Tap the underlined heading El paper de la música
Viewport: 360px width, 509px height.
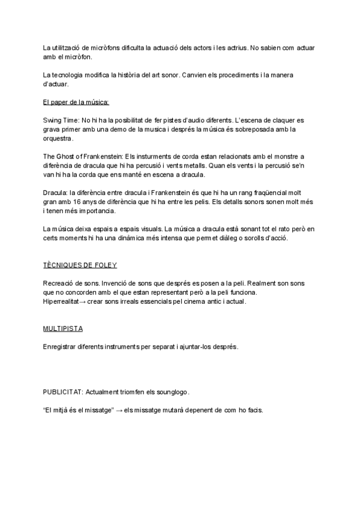(x=76, y=102)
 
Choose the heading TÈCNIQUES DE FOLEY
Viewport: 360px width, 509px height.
(x=80, y=265)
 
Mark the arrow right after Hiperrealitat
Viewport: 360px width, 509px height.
(x=83, y=301)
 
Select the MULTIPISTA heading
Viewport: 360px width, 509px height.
(x=63, y=329)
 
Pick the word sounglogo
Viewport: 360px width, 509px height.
(x=172, y=393)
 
